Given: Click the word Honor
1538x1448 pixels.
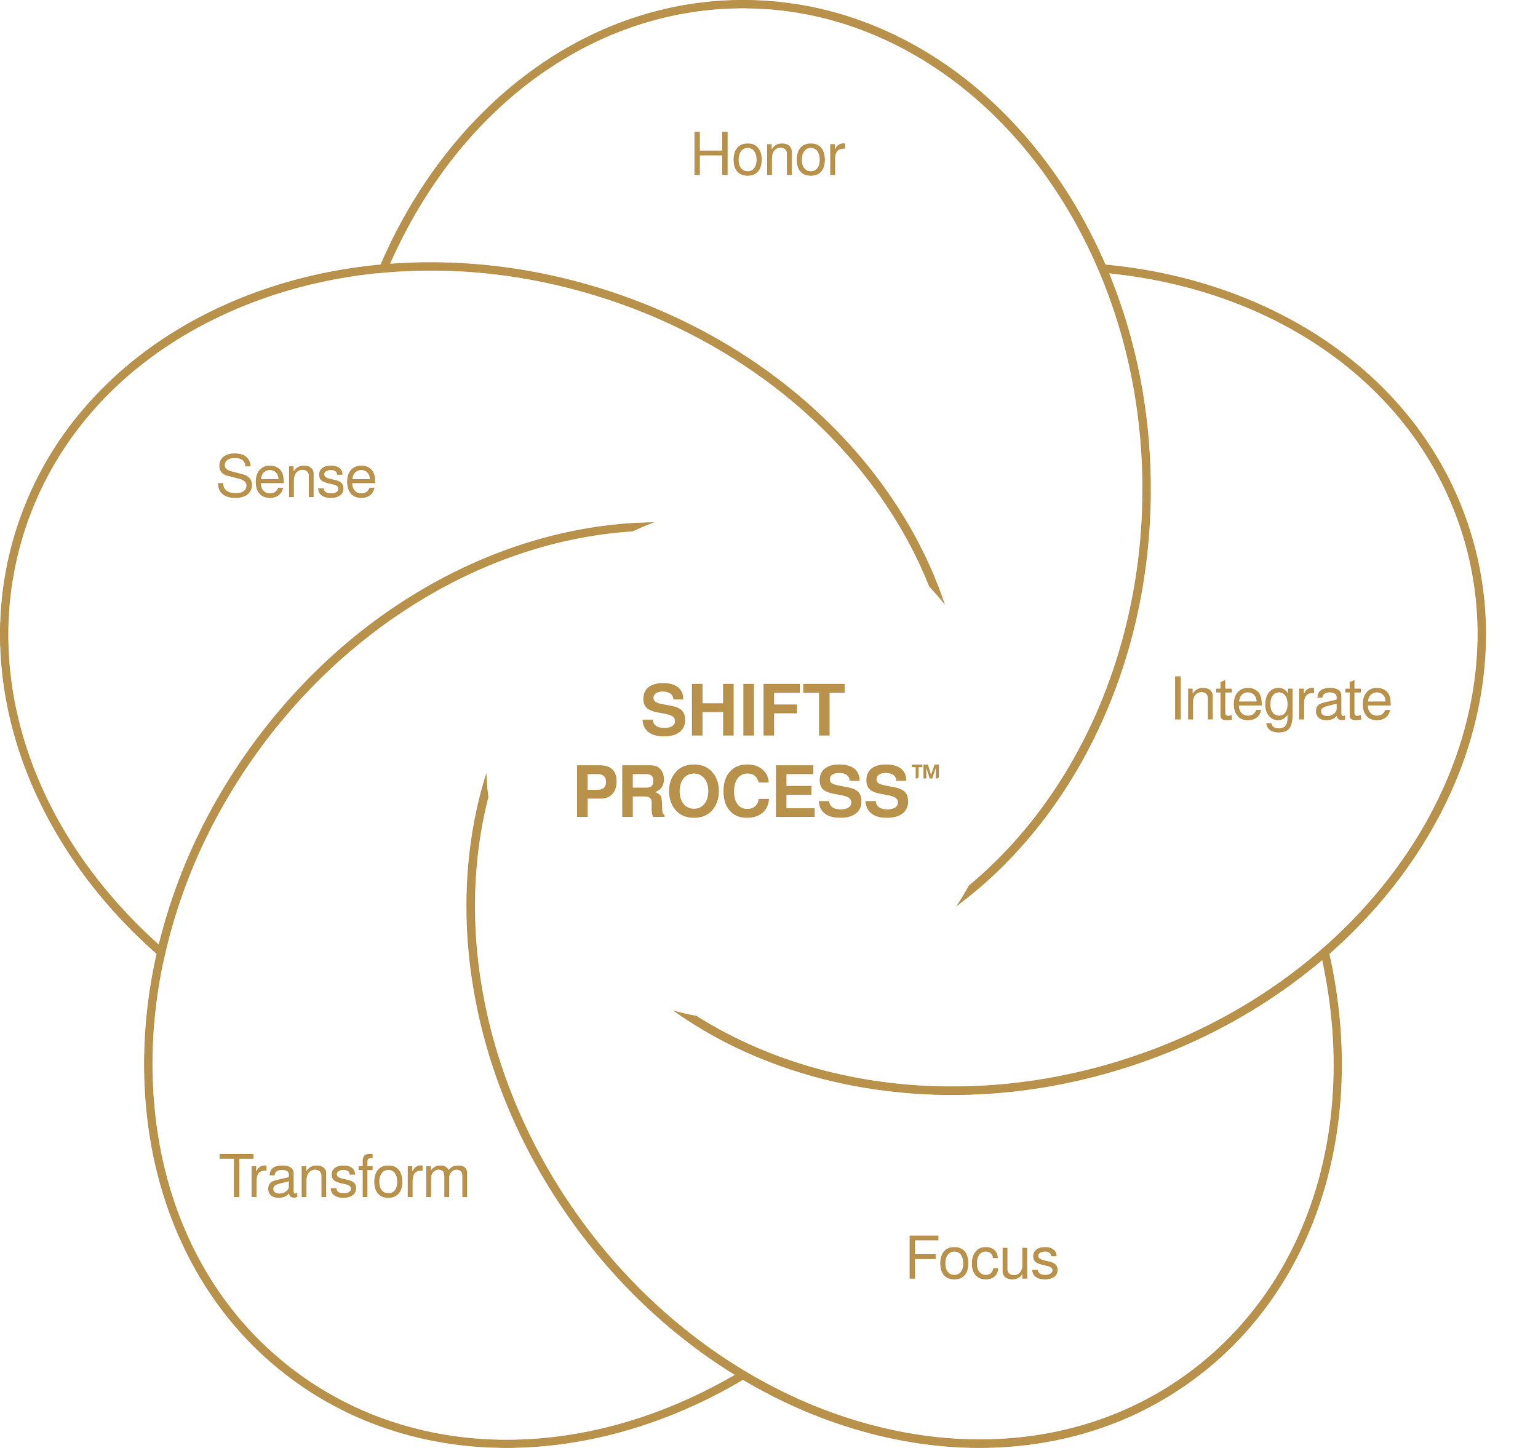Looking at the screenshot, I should [767, 156].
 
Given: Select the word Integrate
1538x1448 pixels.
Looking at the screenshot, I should [1281, 701].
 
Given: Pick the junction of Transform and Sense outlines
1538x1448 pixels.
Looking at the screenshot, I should [159, 944].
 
